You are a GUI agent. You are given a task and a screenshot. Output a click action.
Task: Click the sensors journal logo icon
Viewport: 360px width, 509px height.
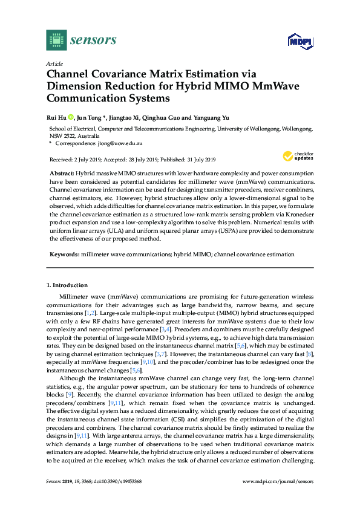56,40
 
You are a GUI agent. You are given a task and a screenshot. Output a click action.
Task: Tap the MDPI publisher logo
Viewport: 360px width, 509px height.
301,41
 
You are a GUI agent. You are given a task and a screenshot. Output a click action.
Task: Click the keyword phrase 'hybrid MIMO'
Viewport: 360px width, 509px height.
191,254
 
